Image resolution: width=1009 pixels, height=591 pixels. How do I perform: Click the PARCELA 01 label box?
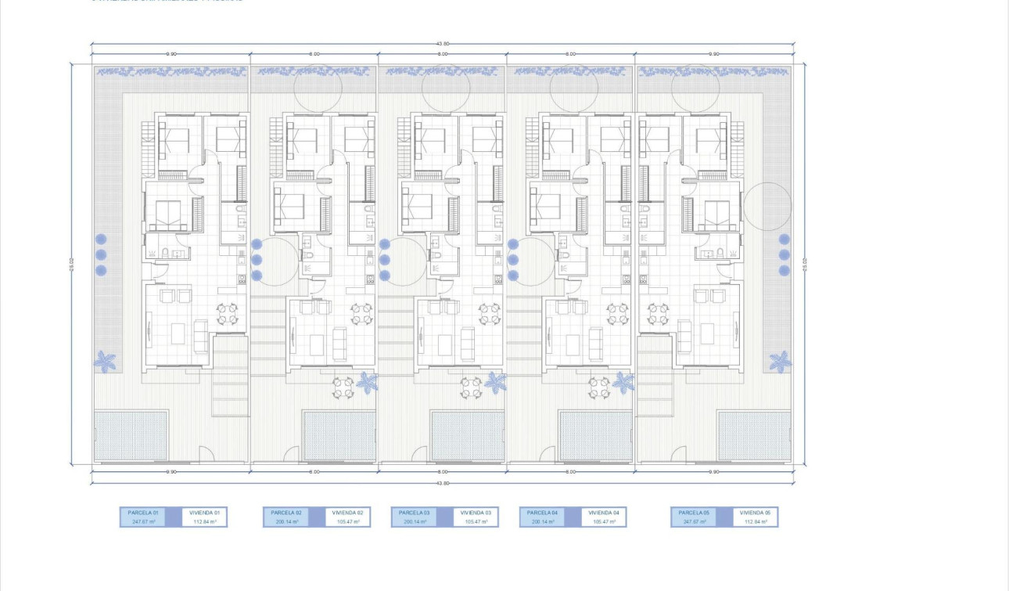142,512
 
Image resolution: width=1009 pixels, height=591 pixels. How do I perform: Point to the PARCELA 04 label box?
542,512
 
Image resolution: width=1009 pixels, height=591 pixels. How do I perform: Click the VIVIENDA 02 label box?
348,512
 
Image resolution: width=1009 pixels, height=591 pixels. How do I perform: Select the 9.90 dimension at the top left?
171,54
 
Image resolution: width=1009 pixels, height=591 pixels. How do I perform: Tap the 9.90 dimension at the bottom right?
713,472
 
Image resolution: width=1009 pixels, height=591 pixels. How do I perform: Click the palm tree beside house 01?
105,361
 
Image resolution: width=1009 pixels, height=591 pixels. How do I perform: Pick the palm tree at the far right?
780,361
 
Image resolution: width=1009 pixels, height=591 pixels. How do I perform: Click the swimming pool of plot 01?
131,435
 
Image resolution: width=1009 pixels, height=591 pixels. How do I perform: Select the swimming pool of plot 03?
467,435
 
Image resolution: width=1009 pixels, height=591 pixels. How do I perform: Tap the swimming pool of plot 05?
754,435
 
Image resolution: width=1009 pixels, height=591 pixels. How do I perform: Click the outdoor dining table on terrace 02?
343,387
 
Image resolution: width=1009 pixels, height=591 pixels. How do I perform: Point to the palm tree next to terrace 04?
623,382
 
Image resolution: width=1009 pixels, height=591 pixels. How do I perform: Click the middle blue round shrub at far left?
101,254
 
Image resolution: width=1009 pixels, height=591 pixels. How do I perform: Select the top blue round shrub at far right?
784,240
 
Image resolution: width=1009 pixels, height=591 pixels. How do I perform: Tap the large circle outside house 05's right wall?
767,207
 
